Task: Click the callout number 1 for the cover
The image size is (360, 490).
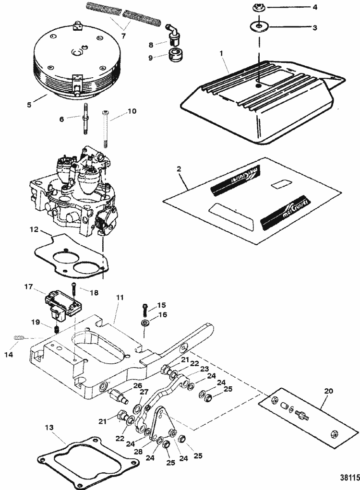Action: click(x=222, y=54)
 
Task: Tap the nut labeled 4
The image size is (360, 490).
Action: click(x=258, y=8)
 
